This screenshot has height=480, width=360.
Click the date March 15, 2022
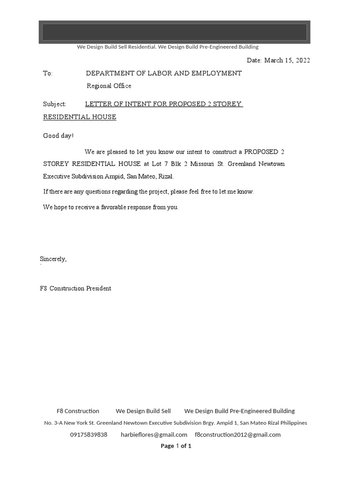[x=287, y=60]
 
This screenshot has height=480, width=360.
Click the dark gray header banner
[x=174, y=32]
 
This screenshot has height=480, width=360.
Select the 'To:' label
[x=48, y=74]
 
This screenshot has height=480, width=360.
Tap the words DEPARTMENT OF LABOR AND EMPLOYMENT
[x=164, y=73]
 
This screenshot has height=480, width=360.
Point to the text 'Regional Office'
[x=109, y=86]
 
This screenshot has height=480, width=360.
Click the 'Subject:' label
[x=55, y=104]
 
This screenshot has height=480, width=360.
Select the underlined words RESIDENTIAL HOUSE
[x=80, y=117]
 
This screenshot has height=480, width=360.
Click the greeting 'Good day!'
[x=59, y=136]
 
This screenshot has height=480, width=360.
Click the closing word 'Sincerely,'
[x=53, y=259]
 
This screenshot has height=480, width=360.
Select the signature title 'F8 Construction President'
[x=75, y=289]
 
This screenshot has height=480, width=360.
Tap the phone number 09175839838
[x=89, y=435]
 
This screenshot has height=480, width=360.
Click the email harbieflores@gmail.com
[x=154, y=435]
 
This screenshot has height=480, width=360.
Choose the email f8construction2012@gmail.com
[x=238, y=435]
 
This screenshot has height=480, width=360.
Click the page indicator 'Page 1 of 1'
[x=176, y=446]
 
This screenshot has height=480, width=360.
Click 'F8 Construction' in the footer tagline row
[x=78, y=411]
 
